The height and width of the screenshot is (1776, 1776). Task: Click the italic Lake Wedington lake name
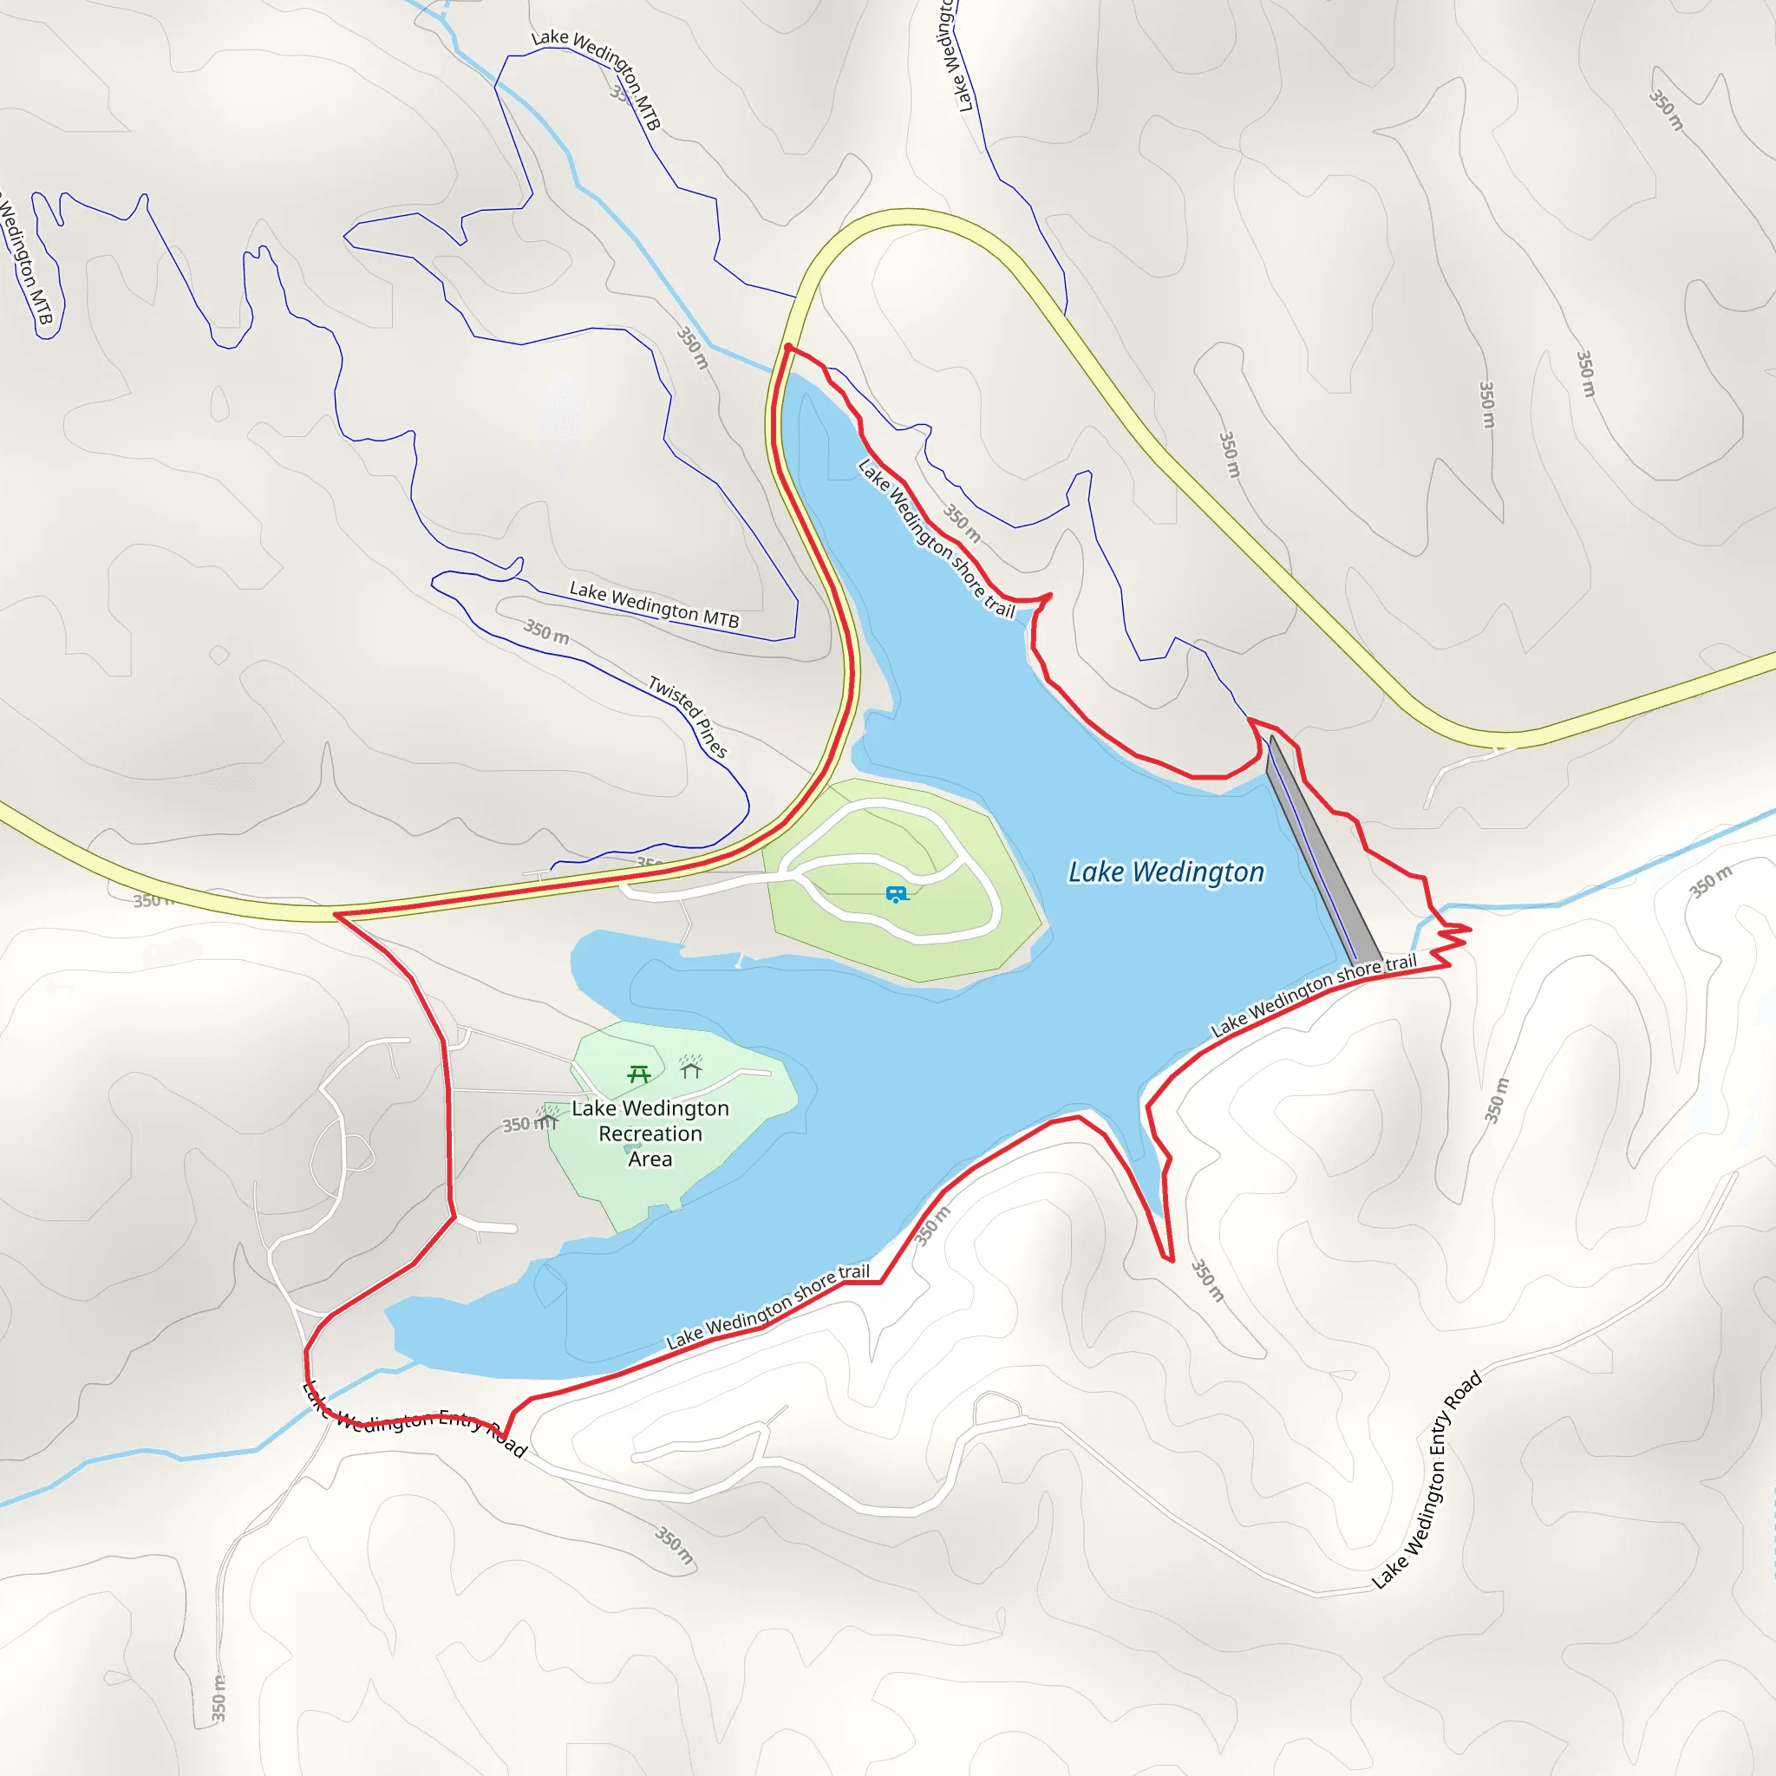(x=1165, y=872)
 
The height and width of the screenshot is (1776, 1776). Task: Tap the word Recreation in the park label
(x=650, y=1133)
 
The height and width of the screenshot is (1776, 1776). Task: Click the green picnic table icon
(x=639, y=1073)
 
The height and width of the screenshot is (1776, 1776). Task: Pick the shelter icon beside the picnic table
(x=690, y=1068)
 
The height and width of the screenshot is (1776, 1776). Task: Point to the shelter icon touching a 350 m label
(x=550, y=1117)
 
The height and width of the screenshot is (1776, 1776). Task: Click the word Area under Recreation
(x=650, y=1159)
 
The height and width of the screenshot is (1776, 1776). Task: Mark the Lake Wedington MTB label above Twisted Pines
(x=654, y=604)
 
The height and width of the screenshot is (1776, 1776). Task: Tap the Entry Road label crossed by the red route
(x=414, y=1420)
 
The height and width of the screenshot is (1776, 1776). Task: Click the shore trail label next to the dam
(x=1314, y=996)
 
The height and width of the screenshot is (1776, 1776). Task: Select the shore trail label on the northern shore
(x=935, y=539)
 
